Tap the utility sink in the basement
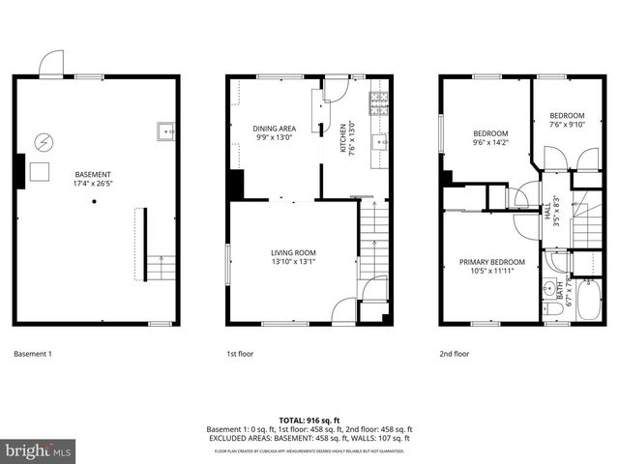tap(165, 130)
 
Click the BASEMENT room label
tap(93, 176)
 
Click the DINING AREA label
tap(275, 129)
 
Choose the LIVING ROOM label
tap(294, 253)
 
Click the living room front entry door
tap(343, 309)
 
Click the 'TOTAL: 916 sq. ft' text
tap(309, 420)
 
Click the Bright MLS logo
tap(39, 450)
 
